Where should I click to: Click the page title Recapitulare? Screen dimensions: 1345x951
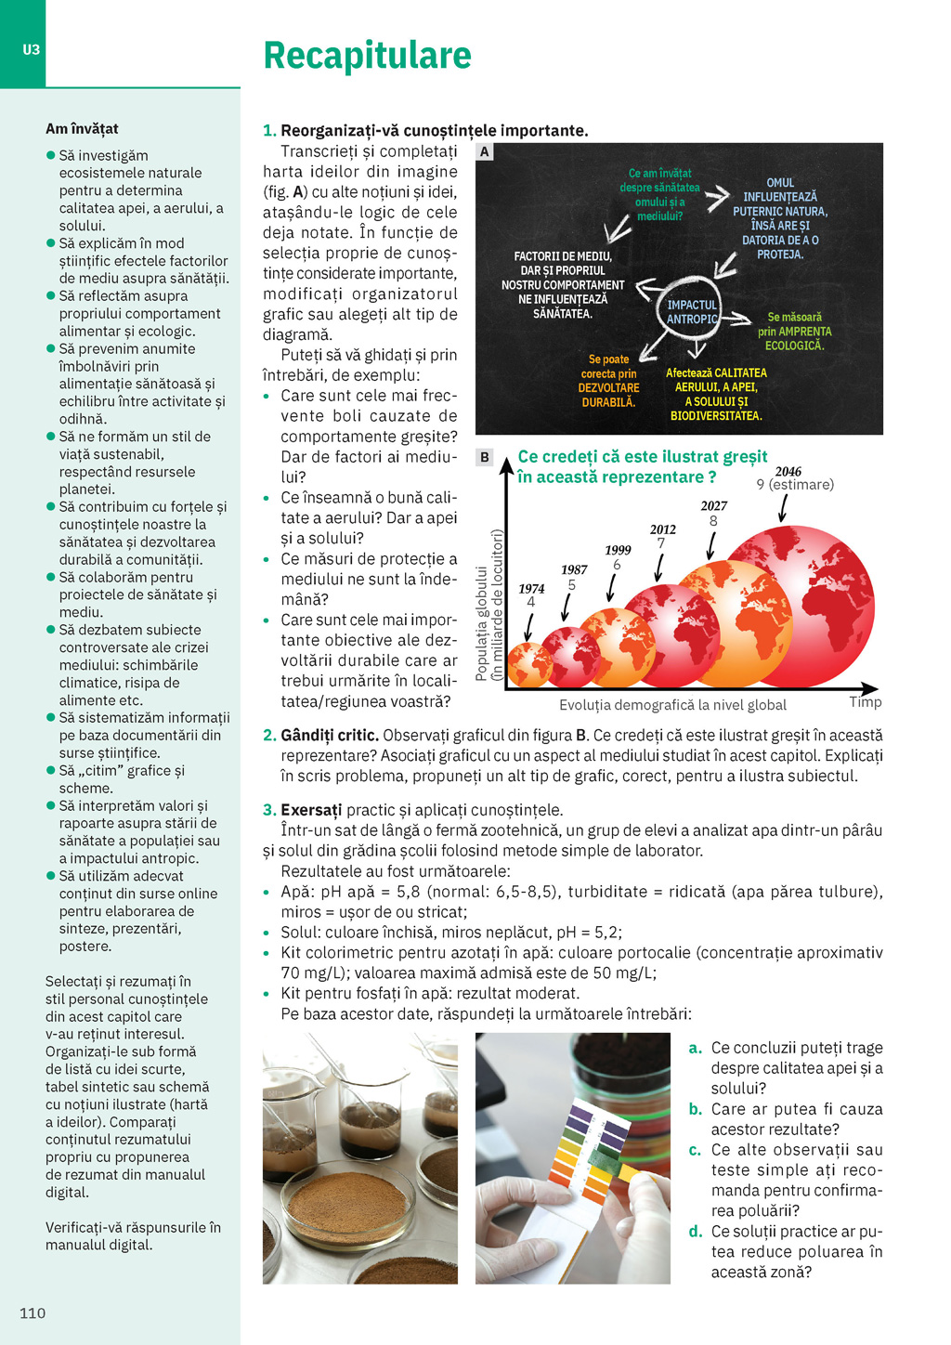click(367, 56)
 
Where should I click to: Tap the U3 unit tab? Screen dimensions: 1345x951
click(32, 50)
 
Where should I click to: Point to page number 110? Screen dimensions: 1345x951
click(33, 1312)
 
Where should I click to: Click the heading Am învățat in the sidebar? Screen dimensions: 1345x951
click(82, 129)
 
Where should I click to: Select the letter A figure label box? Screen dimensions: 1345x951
click(484, 152)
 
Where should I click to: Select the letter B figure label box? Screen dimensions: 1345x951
click(484, 457)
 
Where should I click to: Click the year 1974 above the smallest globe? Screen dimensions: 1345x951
click(531, 589)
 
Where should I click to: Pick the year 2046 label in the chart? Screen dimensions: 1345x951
click(788, 472)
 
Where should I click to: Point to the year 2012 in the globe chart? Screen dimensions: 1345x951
click(662, 530)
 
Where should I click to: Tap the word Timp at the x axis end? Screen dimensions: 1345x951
click(865, 702)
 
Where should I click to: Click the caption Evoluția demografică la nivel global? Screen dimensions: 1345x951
click(672, 705)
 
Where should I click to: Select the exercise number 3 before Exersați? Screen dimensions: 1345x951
click(269, 810)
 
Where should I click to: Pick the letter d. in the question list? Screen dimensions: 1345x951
click(695, 1232)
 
